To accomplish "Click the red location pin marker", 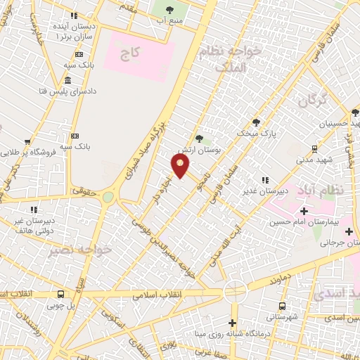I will [181, 166].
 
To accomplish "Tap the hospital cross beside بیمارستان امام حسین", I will [304, 211].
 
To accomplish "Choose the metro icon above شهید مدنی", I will [314, 148].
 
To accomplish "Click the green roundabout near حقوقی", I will [108, 198].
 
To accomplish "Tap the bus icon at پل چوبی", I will [62, 295].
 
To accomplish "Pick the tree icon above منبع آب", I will [170, 10].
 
